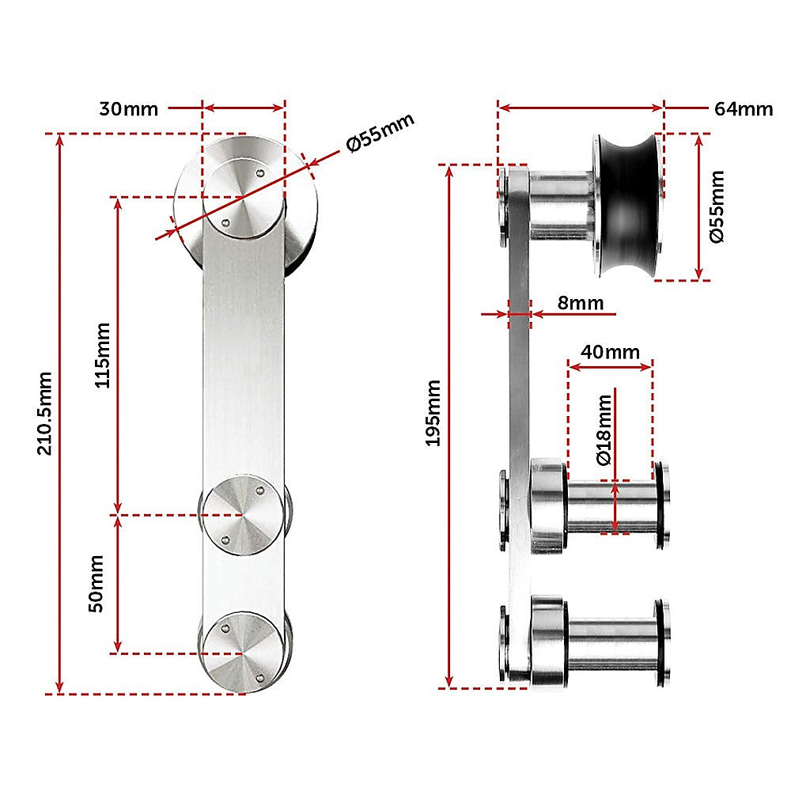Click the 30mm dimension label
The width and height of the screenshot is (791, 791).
point(129,109)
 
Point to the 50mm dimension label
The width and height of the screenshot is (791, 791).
point(96,583)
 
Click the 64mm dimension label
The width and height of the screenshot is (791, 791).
point(743,109)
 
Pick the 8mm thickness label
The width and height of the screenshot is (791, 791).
point(580,303)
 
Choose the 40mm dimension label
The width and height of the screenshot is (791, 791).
point(610,352)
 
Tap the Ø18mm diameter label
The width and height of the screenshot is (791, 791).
point(604,430)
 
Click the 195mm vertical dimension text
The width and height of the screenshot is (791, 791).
point(433,414)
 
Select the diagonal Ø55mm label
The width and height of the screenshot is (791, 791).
point(380,133)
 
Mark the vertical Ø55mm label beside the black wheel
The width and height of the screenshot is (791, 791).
point(717,207)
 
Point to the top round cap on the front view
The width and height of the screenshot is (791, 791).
point(243,195)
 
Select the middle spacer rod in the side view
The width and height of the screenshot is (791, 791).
point(609,506)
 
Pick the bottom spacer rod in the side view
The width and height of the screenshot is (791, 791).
point(609,641)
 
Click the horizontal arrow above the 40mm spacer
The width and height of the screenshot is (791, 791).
point(610,366)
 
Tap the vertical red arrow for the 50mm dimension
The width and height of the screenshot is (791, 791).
point(118,583)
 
